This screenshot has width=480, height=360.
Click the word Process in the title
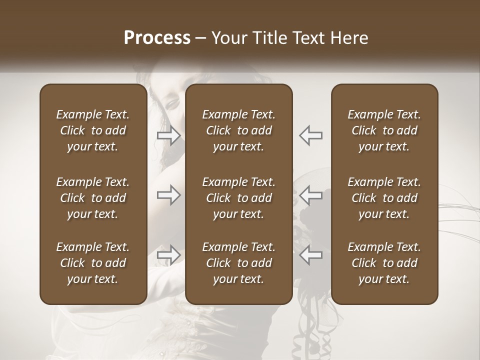157,37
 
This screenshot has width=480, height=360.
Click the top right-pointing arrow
169,135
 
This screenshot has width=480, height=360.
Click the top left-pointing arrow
310,135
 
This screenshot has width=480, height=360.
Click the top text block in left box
93,130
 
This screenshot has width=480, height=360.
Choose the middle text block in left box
93,198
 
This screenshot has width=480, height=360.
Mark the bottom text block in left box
93,263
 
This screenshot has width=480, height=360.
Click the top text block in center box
239,130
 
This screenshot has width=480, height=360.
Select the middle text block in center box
239,198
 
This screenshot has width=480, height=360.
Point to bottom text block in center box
239,263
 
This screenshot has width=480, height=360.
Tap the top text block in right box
384,130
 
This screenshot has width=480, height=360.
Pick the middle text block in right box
384,198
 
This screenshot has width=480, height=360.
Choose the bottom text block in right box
384,263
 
